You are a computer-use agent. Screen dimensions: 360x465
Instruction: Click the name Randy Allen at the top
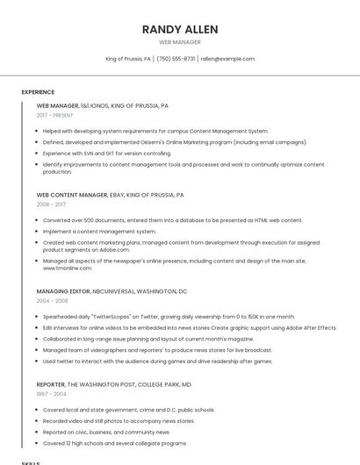click(179, 29)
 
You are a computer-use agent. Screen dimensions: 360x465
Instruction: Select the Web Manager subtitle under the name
click(179, 42)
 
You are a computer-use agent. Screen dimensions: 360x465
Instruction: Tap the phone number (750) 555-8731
click(176, 59)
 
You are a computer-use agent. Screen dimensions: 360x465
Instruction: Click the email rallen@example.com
click(227, 59)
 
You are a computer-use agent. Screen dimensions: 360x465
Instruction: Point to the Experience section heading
click(38, 92)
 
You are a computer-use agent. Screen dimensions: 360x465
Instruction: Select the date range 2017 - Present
click(54, 115)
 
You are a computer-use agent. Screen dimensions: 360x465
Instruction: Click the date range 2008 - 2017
click(51, 204)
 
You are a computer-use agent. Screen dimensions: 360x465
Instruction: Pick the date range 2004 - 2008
click(52, 300)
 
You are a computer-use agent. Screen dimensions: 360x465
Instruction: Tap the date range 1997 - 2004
click(51, 394)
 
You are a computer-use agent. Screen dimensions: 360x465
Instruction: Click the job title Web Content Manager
click(72, 195)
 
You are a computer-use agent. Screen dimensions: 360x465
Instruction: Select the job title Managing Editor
click(62, 290)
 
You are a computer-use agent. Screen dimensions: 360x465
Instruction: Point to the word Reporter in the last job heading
click(51, 384)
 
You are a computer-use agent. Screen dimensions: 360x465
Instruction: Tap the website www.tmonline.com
click(68, 268)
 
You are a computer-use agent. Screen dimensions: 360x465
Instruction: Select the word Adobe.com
click(114, 249)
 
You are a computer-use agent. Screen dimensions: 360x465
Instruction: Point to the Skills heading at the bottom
click(31, 462)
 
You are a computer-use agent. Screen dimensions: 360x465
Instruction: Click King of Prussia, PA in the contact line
click(128, 59)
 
